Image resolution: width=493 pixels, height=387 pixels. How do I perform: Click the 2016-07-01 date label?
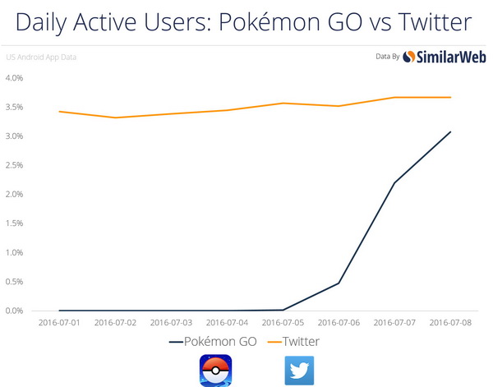pyautogui.click(x=60, y=323)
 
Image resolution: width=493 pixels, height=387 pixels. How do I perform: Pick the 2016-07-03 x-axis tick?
pyautogui.click(x=172, y=323)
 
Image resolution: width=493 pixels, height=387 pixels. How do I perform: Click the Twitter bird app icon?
pyautogui.click(x=299, y=370)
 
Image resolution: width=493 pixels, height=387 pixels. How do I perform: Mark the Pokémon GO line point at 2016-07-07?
pyautogui.click(x=395, y=182)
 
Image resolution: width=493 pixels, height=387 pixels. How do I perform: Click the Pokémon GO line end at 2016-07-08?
pyautogui.click(x=451, y=131)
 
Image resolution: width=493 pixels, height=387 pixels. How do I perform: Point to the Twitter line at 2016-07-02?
pyautogui.click(x=116, y=117)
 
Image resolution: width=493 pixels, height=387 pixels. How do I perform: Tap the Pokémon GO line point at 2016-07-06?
pyautogui.click(x=339, y=283)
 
